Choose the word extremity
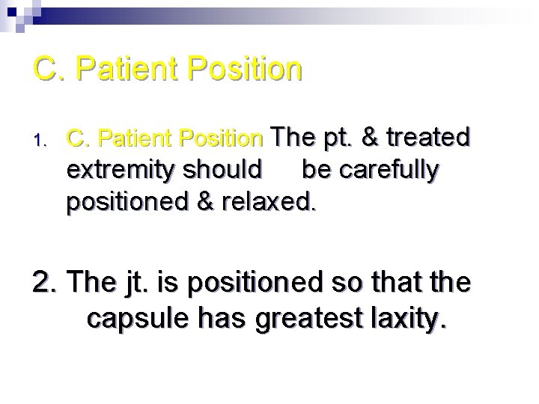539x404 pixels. pyautogui.click(x=119, y=171)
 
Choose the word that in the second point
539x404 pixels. pyautogui.click(x=403, y=284)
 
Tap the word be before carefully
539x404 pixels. pyautogui.click(x=315, y=170)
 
